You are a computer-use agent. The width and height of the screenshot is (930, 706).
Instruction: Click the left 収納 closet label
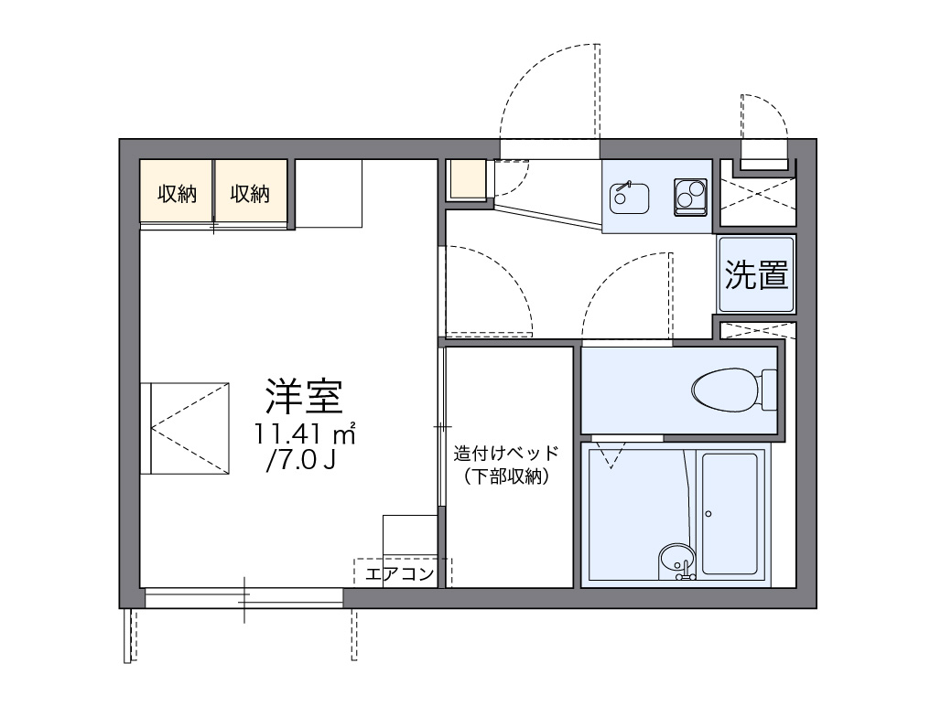(176, 193)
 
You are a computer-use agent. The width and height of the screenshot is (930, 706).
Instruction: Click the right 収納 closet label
(250, 193)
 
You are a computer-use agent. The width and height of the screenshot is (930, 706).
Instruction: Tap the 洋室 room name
(304, 394)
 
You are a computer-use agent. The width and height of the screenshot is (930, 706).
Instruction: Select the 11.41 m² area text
(305, 433)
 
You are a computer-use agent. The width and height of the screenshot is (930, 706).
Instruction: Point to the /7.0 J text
(300, 460)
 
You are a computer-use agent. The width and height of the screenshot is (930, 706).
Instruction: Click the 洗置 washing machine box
(756, 274)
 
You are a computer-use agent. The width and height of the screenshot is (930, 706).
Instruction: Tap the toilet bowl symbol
(724, 390)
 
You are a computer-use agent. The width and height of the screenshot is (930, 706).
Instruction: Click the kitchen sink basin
(629, 196)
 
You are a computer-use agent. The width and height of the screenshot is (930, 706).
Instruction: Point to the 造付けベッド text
(505, 454)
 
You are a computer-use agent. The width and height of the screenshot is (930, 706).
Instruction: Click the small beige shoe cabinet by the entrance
(468, 180)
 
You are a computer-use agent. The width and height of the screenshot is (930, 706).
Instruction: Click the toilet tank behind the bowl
(769, 390)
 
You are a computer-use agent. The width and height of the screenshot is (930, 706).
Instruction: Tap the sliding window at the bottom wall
(243, 598)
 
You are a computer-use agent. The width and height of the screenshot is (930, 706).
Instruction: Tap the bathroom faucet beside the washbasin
(684, 574)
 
